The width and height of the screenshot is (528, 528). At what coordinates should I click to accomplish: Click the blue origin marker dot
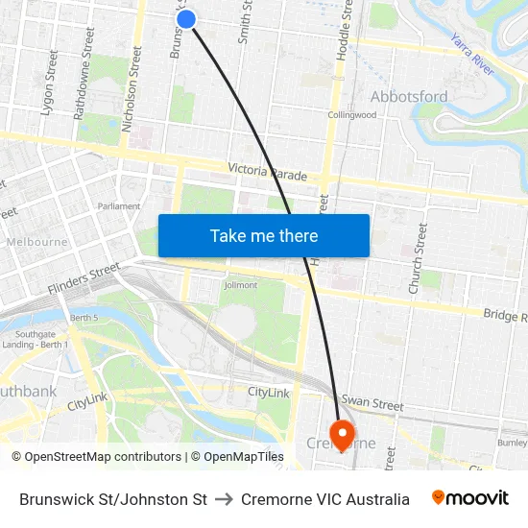click(x=186, y=18)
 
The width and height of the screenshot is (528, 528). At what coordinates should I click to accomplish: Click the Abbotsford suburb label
click(x=408, y=96)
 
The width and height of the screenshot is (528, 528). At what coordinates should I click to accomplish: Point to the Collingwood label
click(x=351, y=115)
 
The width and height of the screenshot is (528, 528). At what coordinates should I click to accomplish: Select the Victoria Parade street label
click(x=268, y=173)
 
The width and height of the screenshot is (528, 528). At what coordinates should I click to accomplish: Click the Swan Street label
click(x=372, y=404)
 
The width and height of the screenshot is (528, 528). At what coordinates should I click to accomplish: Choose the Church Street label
click(x=417, y=258)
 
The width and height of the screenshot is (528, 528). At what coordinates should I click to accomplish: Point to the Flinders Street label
click(x=84, y=278)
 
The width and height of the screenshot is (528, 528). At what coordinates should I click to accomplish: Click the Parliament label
click(x=119, y=206)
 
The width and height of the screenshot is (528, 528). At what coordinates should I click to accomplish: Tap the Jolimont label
click(x=240, y=285)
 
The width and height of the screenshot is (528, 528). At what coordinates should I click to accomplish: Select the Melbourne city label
click(x=36, y=242)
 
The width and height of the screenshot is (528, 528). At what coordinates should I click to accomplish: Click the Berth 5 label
click(x=84, y=317)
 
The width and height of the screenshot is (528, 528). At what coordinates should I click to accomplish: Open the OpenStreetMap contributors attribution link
click(x=96, y=457)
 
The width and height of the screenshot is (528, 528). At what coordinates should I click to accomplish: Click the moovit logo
click(x=469, y=498)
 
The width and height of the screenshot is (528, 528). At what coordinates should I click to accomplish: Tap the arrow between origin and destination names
click(x=224, y=499)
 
